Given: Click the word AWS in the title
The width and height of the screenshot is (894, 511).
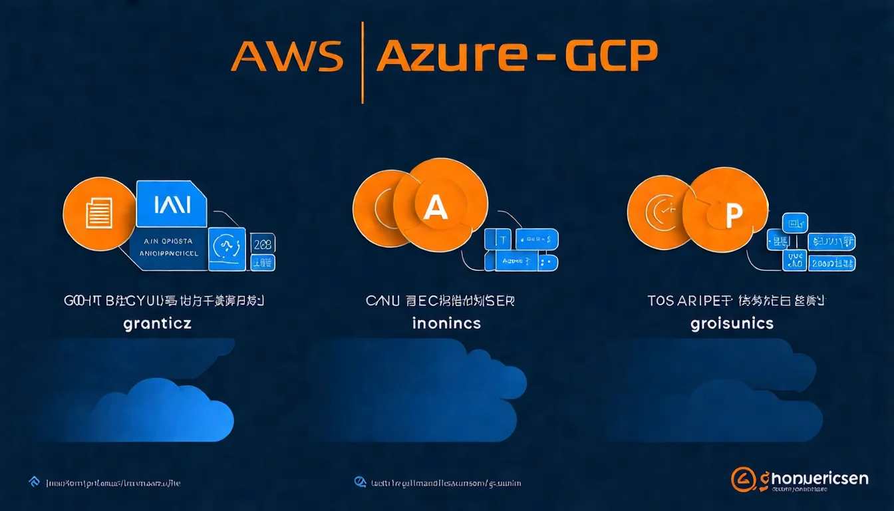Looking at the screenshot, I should tap(287, 58).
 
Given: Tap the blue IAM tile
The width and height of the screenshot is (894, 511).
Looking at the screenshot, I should tap(172, 204).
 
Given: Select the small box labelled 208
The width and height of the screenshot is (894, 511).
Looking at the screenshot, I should tap(263, 244).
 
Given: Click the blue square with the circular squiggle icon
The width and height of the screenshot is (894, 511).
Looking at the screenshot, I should tap(227, 249).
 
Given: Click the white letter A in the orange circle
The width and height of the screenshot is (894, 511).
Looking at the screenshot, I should tap(436, 208).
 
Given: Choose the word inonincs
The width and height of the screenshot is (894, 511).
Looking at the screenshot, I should tap(446, 324).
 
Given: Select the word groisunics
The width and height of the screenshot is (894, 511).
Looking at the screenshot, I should tap(732, 324).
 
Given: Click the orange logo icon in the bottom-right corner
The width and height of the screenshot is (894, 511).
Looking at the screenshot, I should tap(742, 479).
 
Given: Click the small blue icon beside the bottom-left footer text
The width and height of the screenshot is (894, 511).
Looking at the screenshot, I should tap(33, 481).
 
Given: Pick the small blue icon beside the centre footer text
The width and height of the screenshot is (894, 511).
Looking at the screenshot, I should tap(360, 481).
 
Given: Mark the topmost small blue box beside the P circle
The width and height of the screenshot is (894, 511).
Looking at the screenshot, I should tap(795, 222).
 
